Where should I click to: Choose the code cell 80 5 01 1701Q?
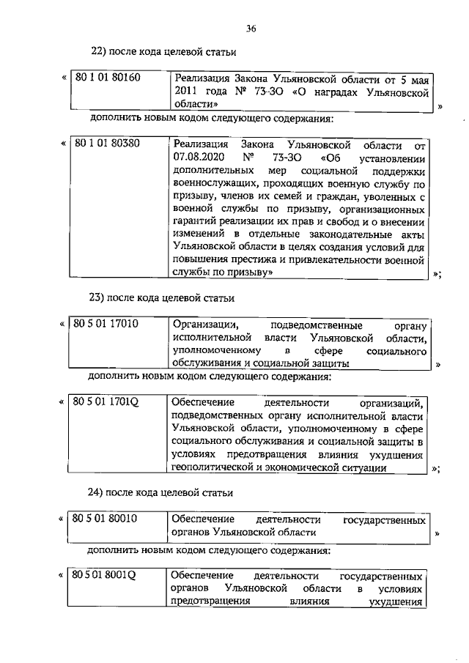(x=107, y=402)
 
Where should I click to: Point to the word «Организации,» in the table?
(x=204, y=324)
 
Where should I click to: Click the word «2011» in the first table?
(x=185, y=92)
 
